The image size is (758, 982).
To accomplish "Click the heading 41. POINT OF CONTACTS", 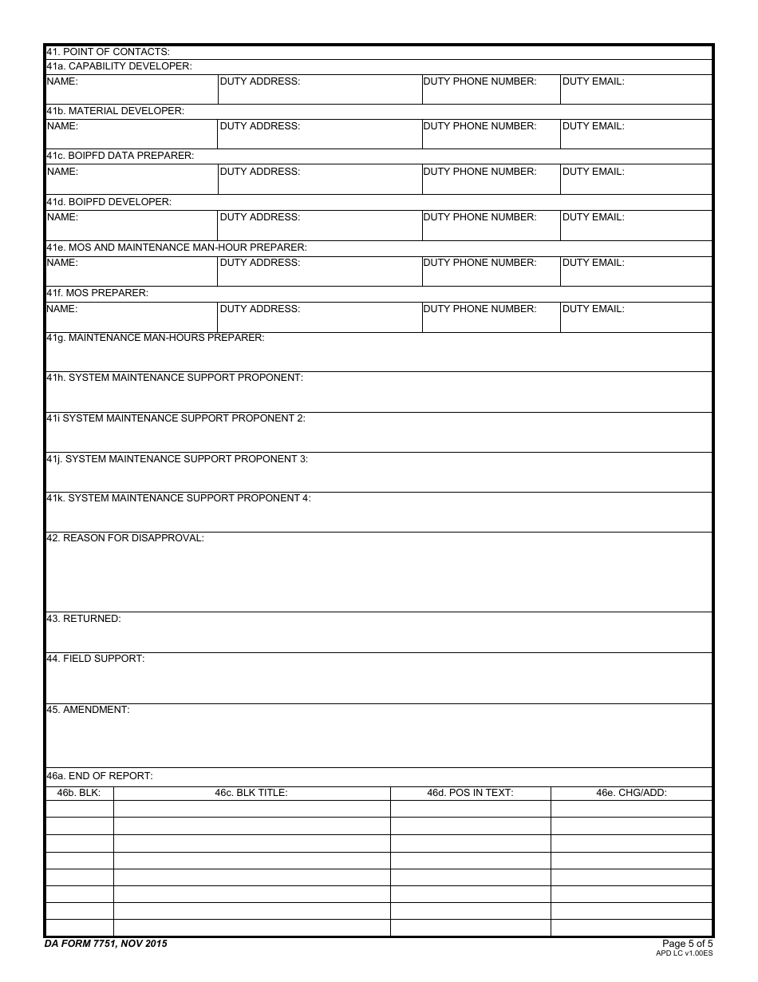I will pos(108,52).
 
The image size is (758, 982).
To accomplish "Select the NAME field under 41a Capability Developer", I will pos(131,89).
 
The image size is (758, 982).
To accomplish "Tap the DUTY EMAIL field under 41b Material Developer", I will pos(636,134).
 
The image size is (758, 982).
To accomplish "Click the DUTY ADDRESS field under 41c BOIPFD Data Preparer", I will pos(319,180).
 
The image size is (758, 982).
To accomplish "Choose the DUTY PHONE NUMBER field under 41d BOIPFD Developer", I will pos(491,225).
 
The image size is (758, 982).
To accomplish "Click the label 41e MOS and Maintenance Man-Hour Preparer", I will pos(176,247).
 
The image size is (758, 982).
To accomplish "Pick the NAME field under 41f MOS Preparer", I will pos(131,317).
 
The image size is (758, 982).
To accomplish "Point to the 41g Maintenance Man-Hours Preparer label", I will pos(156,338).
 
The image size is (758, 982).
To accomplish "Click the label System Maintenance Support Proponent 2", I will pos(176,418).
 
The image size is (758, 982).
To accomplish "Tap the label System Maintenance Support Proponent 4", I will pos(179,498).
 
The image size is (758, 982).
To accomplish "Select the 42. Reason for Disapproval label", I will pos(125,538).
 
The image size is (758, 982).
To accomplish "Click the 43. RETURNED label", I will pos(84,619).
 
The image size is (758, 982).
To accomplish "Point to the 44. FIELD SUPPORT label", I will pos(96,659).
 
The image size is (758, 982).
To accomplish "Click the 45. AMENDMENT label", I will pos(88,710).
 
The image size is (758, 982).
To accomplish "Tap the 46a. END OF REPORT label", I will pos(100,776).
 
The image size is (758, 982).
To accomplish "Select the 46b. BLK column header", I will pos(79,793).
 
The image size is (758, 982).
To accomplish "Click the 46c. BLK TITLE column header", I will pos(251,793).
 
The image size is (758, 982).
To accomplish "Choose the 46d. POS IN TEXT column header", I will pos(470,793).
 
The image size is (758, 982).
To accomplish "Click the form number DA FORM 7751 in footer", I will pos(106,944).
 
